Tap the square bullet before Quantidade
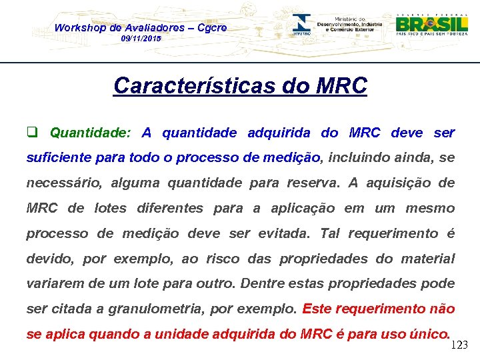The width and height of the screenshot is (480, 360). [x=31, y=132]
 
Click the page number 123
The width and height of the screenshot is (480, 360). [x=460, y=345]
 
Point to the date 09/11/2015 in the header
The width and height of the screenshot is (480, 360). [x=141, y=39]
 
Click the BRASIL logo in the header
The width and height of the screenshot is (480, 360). [x=432, y=24]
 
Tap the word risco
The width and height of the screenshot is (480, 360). [x=223, y=259]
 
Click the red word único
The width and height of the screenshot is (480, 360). [x=429, y=334]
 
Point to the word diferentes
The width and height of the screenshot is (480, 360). [x=169, y=208]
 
